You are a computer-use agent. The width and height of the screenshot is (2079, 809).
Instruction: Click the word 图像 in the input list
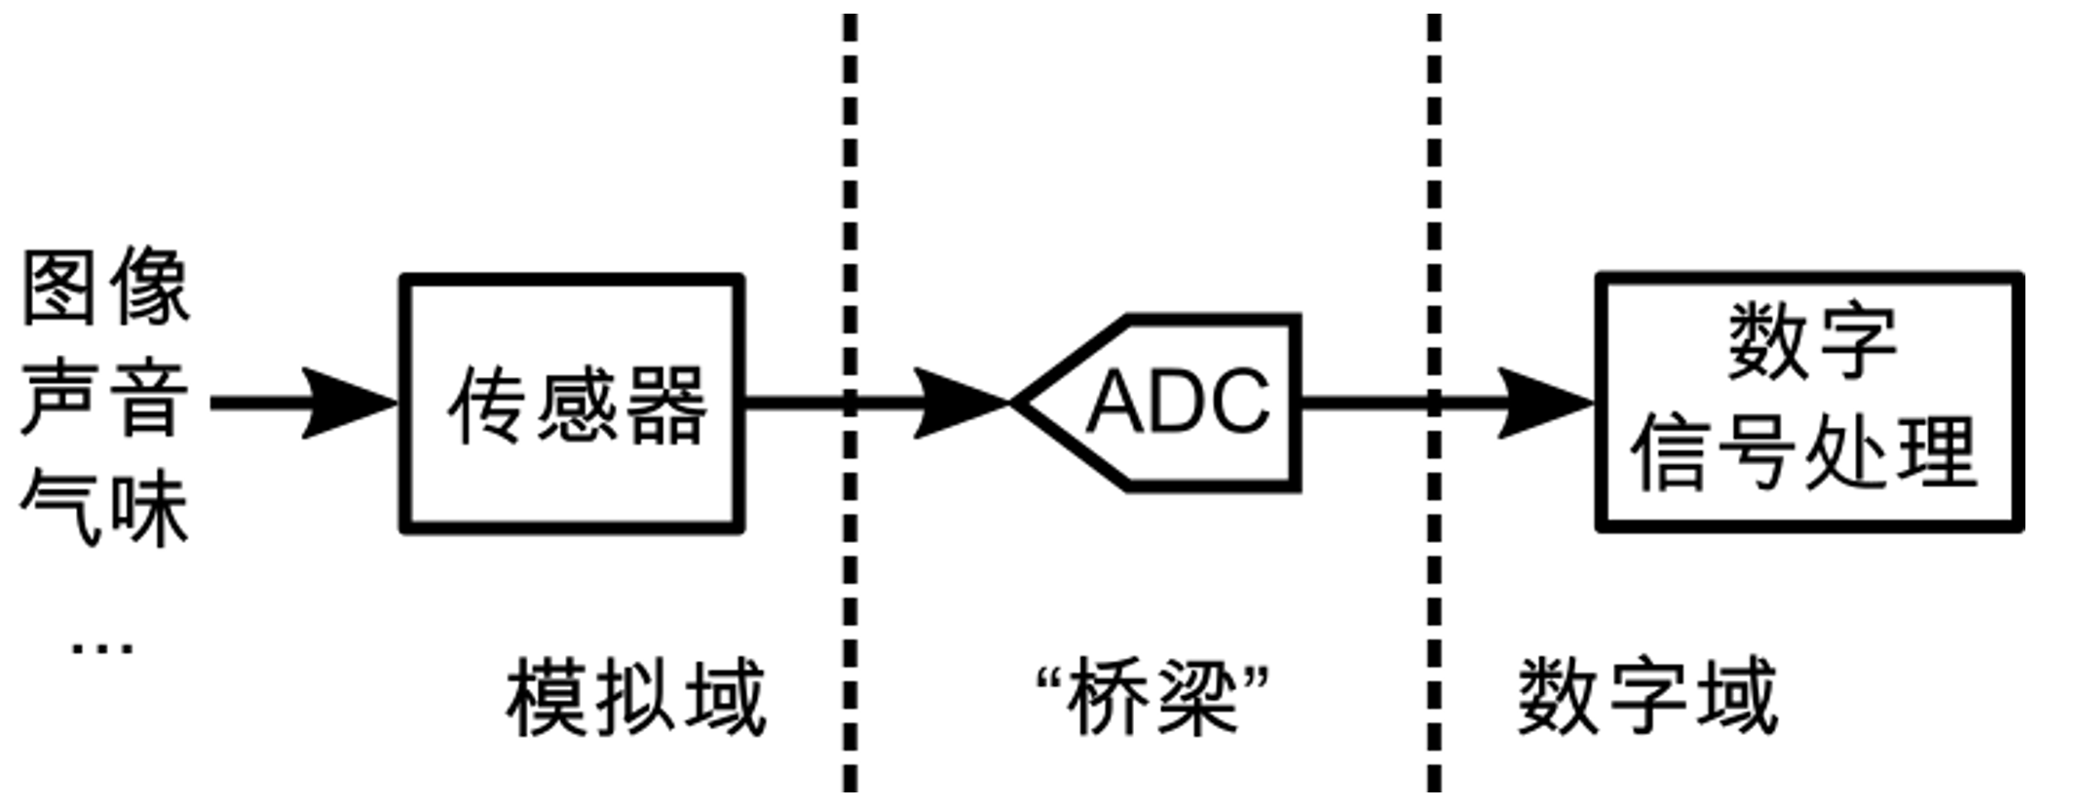[x=105, y=289]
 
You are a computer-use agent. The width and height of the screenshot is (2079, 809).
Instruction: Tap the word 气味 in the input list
[x=105, y=508]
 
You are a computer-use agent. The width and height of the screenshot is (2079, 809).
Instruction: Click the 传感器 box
[x=573, y=404]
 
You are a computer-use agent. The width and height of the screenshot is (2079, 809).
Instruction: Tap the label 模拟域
[x=635, y=698]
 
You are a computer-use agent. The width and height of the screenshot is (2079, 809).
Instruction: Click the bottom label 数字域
[x=1647, y=698]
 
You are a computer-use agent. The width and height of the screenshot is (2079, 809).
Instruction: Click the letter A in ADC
[x=1113, y=402]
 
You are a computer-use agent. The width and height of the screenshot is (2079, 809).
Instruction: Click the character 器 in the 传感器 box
[x=665, y=405]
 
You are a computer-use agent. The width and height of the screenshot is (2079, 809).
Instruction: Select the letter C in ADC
[x=1239, y=402]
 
